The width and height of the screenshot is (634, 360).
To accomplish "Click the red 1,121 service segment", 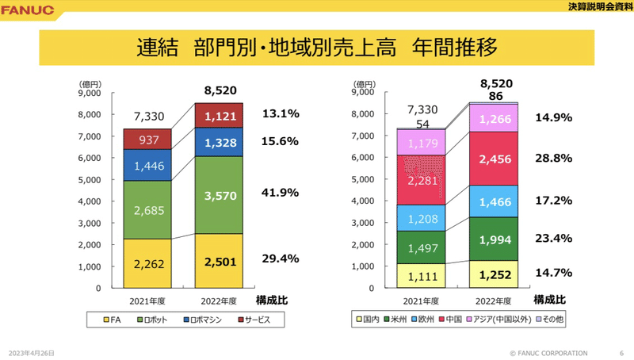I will pos(219,117).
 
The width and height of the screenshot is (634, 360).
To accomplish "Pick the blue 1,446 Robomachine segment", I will pos(147,167).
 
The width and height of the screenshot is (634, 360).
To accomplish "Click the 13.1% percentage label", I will pos(280,114).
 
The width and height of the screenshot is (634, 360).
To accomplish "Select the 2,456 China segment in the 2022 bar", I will pos(494,159).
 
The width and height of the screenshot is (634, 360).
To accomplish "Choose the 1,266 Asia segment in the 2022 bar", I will pos(494,120).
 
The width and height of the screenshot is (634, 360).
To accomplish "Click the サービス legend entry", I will pos(254,320).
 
